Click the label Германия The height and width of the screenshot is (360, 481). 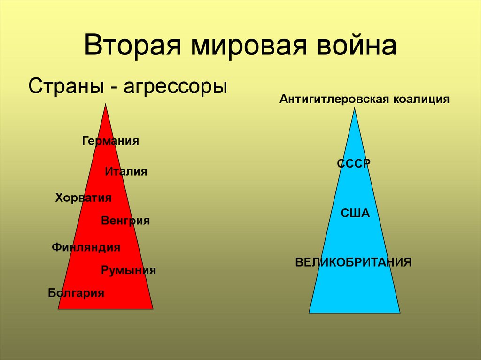pos(110,141)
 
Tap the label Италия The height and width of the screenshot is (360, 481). pos(126,172)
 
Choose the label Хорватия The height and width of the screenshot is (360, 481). pos(83,198)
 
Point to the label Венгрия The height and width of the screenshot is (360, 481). pos(125,221)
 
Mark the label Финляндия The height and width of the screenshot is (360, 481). pos(86,247)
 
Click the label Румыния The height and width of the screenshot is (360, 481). pos(128,270)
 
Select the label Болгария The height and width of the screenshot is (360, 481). pos(76,293)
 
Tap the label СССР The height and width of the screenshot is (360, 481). pos(354,163)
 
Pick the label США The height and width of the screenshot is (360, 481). pos(355,214)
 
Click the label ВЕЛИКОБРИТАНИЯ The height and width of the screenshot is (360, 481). pos(353,261)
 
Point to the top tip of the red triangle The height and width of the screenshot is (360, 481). pos(106,105)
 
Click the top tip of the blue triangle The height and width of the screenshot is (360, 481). pos(355,108)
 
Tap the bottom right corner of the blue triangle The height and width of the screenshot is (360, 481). pos(400,313)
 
